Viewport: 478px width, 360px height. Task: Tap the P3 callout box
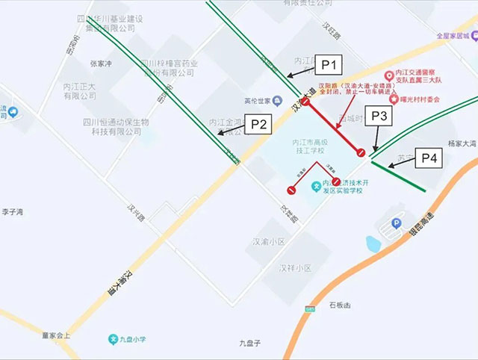coord(379,117)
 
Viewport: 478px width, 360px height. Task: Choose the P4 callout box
coord(429,158)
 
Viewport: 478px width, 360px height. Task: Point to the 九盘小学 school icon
coord(114,338)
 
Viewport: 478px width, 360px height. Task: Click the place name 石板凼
coord(340,305)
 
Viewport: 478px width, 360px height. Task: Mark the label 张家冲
coord(101,64)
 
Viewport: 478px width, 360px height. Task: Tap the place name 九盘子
coord(249,343)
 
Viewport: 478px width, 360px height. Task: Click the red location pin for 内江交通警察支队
coord(388,76)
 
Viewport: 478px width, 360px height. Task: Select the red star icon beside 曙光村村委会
coord(394,99)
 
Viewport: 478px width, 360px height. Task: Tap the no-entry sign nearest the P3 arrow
coord(361,153)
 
